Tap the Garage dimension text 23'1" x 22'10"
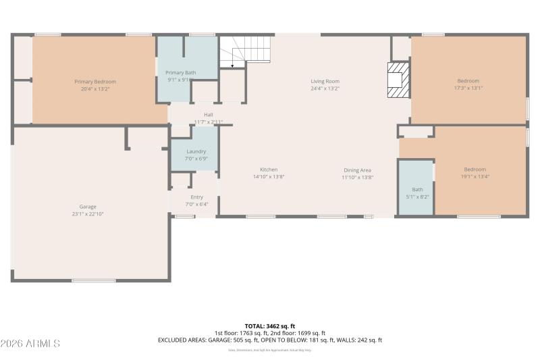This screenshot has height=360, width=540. click(88, 213)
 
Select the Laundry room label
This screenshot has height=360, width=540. click(196, 152)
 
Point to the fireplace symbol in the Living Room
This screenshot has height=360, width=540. click(398, 81)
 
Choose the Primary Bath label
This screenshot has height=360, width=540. click(180, 72)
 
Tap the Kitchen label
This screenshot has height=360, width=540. click(269, 170)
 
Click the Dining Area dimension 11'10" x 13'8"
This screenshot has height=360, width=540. click(357, 177)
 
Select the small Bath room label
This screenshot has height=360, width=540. click(418, 190)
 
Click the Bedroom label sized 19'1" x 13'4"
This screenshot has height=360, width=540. click(475, 170)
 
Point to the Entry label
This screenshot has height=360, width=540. click(196, 197)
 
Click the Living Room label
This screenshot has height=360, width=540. click(325, 81)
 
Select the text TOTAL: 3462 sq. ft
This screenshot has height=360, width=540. click(270, 326)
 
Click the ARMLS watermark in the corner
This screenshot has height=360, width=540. click(30, 344)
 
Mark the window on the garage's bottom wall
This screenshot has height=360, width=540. click(94, 280)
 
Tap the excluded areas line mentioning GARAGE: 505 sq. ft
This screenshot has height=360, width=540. click(270, 340)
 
